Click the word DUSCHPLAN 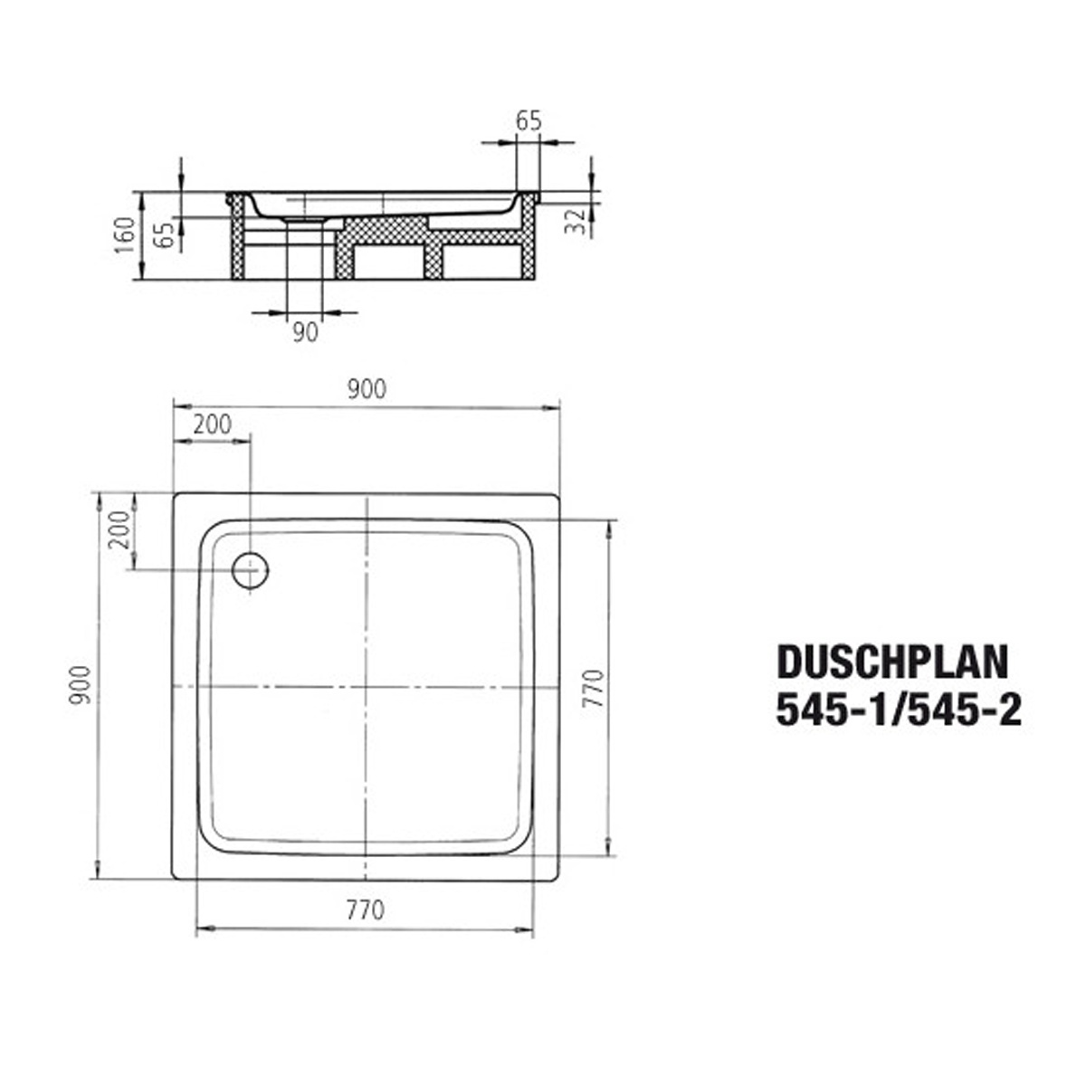pyautogui.click(x=892, y=662)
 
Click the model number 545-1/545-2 pyautogui.click(x=899, y=710)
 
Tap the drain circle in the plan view pyautogui.click(x=250, y=570)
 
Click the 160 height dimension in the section pyautogui.click(x=125, y=235)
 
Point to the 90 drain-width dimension pyautogui.click(x=306, y=332)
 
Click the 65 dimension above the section pyautogui.click(x=529, y=121)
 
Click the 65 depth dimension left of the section pyautogui.click(x=165, y=235)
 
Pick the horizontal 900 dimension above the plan pyautogui.click(x=367, y=389)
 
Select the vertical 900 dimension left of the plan pyautogui.click(x=80, y=684)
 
